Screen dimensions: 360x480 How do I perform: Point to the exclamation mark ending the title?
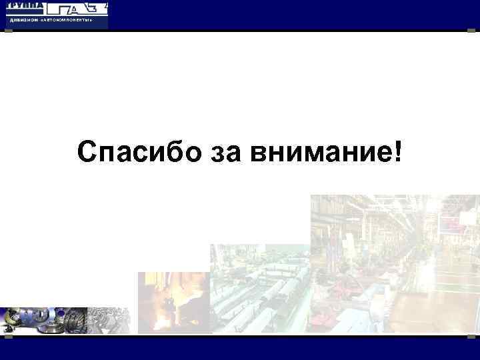click(399, 153)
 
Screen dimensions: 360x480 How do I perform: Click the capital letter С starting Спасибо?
click(86, 153)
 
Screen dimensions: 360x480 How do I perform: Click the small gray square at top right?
click(475, 31)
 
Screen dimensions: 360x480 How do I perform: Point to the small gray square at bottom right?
click(475, 335)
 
